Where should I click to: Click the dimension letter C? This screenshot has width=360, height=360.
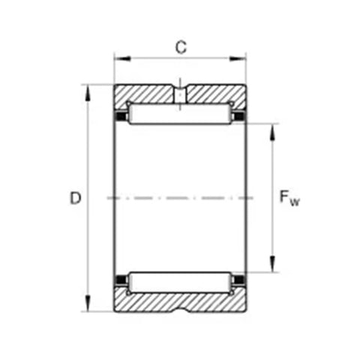click(x=180, y=46)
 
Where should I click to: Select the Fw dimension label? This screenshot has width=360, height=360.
click(x=289, y=198)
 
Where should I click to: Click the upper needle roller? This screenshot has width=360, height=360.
click(x=180, y=115)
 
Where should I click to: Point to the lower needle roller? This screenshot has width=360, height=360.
click(x=180, y=282)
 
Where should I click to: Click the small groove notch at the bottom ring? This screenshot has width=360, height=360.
click(x=180, y=307)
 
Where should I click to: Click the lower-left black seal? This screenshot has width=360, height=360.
click(x=119, y=282)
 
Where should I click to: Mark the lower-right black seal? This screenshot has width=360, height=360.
click(x=240, y=282)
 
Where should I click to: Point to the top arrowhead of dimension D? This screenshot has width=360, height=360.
click(x=88, y=90)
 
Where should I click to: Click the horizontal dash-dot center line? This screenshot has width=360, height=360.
click(x=180, y=198)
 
